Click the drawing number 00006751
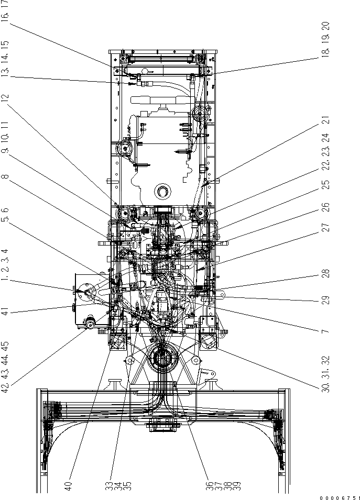[x=340, y=496]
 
